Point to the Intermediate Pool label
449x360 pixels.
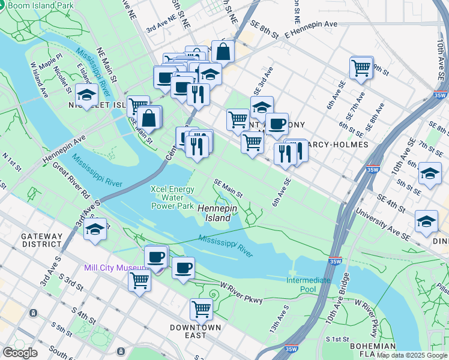[x=309, y=284]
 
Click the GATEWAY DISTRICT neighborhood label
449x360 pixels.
[x=42, y=240]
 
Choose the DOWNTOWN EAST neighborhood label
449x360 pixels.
[x=195, y=332]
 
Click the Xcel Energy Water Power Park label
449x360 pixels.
[x=173, y=197]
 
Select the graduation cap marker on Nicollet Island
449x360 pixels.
[x=86, y=96]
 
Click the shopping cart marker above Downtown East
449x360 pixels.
[x=201, y=310]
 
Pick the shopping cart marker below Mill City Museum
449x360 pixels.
[x=140, y=279]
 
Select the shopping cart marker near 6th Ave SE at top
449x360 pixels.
[x=361, y=68]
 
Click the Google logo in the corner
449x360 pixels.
[x=20, y=353]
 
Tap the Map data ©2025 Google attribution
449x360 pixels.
[x=411, y=355]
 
